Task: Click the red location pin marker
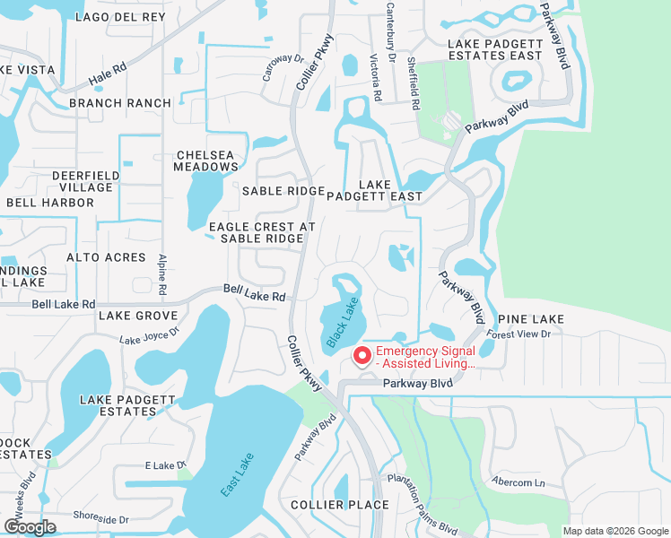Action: point(362,356)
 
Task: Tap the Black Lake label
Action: point(342,324)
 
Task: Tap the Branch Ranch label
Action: point(119,103)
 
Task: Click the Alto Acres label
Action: point(106,257)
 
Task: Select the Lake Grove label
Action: point(138,316)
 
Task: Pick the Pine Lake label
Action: point(531,319)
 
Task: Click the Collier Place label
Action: point(339,505)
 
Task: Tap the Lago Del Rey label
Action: point(121,17)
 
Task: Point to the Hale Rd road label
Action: point(107,82)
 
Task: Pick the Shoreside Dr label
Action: point(100,518)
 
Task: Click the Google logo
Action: point(30,527)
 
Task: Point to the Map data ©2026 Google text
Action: point(615,531)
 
